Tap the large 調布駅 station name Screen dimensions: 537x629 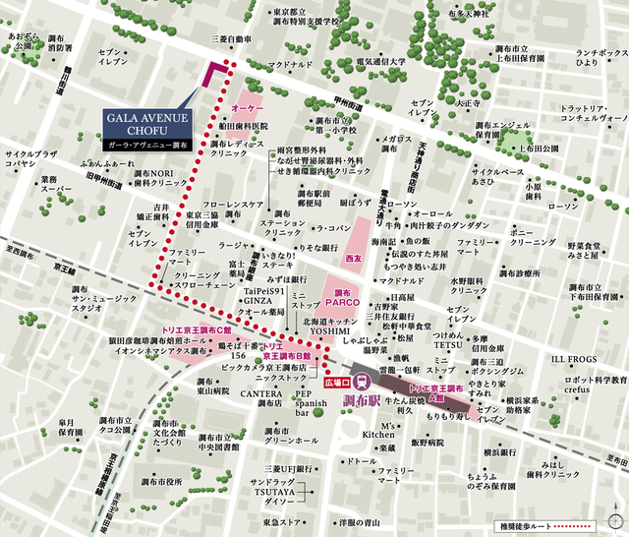click(391, 399)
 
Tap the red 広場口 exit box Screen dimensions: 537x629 click(336, 379)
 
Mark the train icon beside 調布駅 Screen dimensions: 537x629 click(362, 382)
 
